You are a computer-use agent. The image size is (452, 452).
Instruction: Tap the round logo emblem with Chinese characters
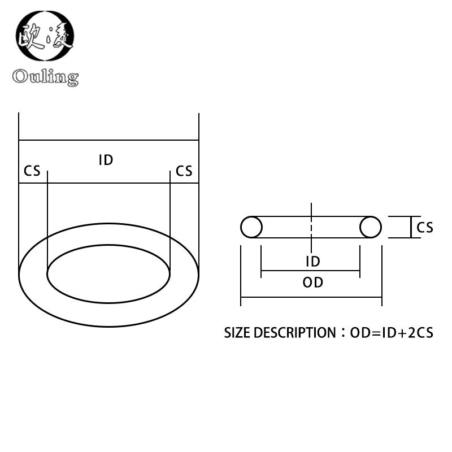click(45, 36)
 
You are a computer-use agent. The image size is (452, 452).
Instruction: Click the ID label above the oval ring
click(106, 160)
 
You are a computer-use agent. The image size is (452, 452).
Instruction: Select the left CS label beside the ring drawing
click(32, 171)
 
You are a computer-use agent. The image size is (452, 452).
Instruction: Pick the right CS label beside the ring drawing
click(184, 171)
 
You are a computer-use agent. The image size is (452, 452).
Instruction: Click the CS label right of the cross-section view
click(425, 227)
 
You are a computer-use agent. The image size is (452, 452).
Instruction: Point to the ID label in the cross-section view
click(312, 261)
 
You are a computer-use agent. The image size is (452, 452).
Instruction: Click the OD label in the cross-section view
click(312, 282)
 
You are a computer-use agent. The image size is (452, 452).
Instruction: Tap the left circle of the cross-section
click(251, 227)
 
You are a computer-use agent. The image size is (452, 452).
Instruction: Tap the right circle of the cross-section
click(371, 227)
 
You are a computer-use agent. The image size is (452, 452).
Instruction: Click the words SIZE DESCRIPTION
click(280, 333)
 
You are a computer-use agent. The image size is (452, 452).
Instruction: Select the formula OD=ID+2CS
click(392, 333)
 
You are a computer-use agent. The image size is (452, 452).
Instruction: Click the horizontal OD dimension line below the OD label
click(311, 297)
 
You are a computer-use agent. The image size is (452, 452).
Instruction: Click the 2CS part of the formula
click(421, 333)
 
